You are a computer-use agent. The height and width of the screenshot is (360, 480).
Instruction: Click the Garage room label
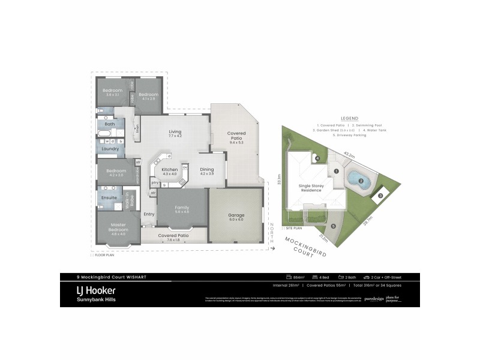pos(236,215)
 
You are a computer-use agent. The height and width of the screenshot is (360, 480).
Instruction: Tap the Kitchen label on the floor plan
pos(170,170)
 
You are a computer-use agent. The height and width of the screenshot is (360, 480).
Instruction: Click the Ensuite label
pos(109,197)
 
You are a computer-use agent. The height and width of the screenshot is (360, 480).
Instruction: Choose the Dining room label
pos(206,170)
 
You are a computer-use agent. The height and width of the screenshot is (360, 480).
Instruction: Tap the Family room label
pos(182,208)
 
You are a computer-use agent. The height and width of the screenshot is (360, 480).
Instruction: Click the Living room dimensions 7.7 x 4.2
pos(175,136)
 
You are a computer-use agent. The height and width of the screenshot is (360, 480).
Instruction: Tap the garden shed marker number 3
pos(380,195)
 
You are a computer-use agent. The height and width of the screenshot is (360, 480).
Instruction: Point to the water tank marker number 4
pos(318,158)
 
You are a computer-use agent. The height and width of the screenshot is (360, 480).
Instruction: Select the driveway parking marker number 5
pos(333,226)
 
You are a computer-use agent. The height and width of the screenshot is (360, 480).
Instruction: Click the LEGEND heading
pos(350,118)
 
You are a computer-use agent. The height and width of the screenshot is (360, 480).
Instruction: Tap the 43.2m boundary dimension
pos(349,155)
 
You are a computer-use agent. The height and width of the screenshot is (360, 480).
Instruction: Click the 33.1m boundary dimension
pos(279,180)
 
